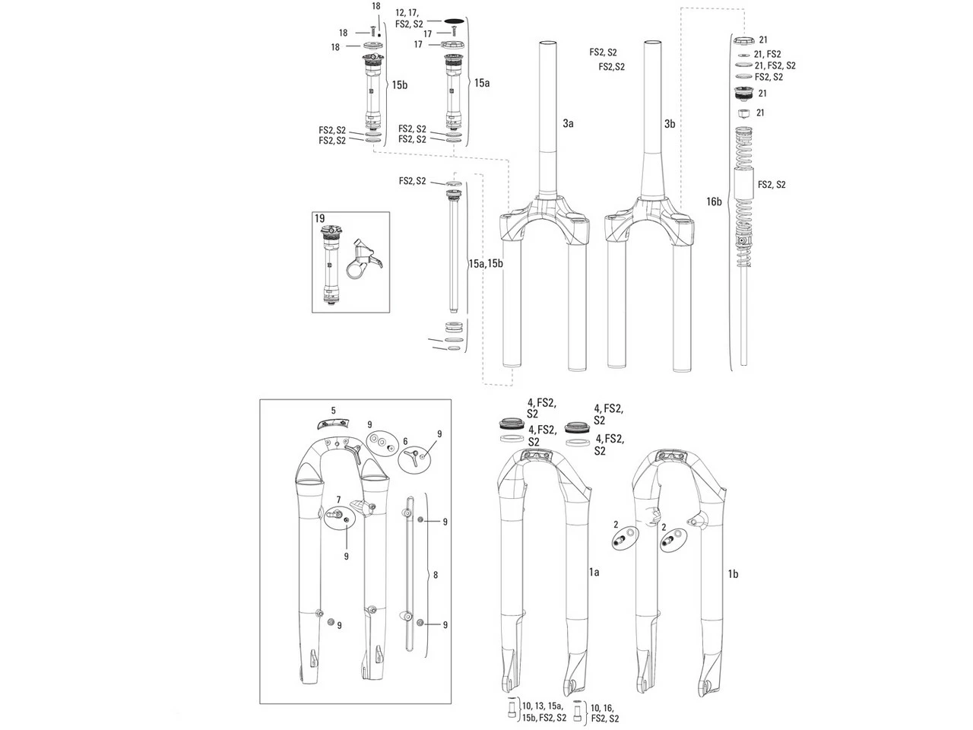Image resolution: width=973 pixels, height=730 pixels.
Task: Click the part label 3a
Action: (569, 123)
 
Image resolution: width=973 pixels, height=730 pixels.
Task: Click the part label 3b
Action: (670, 123)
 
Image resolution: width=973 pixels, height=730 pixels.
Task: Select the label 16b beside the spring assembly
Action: (714, 201)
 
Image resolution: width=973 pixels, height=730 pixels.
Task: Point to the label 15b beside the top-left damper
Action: (400, 86)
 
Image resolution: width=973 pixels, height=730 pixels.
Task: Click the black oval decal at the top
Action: (454, 23)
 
